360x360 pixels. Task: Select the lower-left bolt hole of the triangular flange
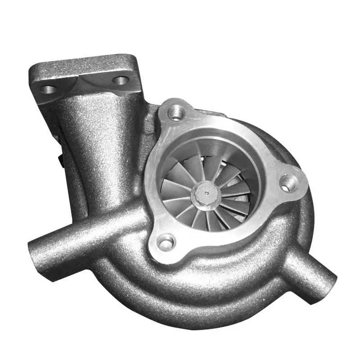(x=166, y=243)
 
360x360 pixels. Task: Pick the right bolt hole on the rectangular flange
(x=121, y=81)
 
